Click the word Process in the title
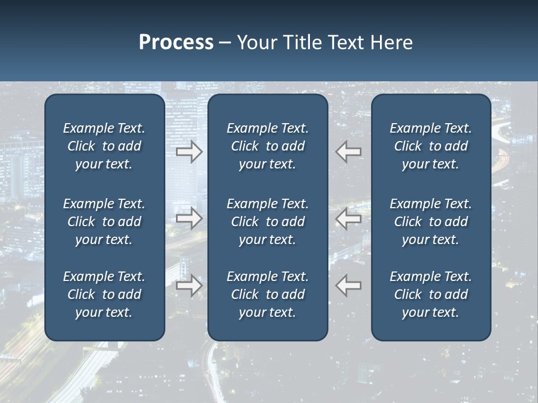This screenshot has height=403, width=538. click(176, 43)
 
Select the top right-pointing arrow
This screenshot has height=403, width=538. click(189, 152)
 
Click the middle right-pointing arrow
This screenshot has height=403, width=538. click(189, 218)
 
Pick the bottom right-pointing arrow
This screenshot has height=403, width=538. click(189, 285)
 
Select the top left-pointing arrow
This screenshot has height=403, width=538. click(349, 152)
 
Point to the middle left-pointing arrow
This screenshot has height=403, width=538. click(349, 218)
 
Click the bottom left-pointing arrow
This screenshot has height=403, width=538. click(349, 285)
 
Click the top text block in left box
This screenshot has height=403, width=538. click(104, 146)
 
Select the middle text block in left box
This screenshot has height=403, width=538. click(104, 222)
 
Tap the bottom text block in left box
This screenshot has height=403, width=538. click(104, 294)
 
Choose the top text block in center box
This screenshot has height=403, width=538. click(267, 146)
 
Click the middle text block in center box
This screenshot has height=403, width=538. click(267, 222)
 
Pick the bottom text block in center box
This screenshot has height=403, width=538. click(267, 294)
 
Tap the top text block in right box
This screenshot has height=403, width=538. click(430, 146)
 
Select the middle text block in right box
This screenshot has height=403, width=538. click(430, 222)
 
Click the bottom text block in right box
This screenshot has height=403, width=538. click(430, 294)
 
